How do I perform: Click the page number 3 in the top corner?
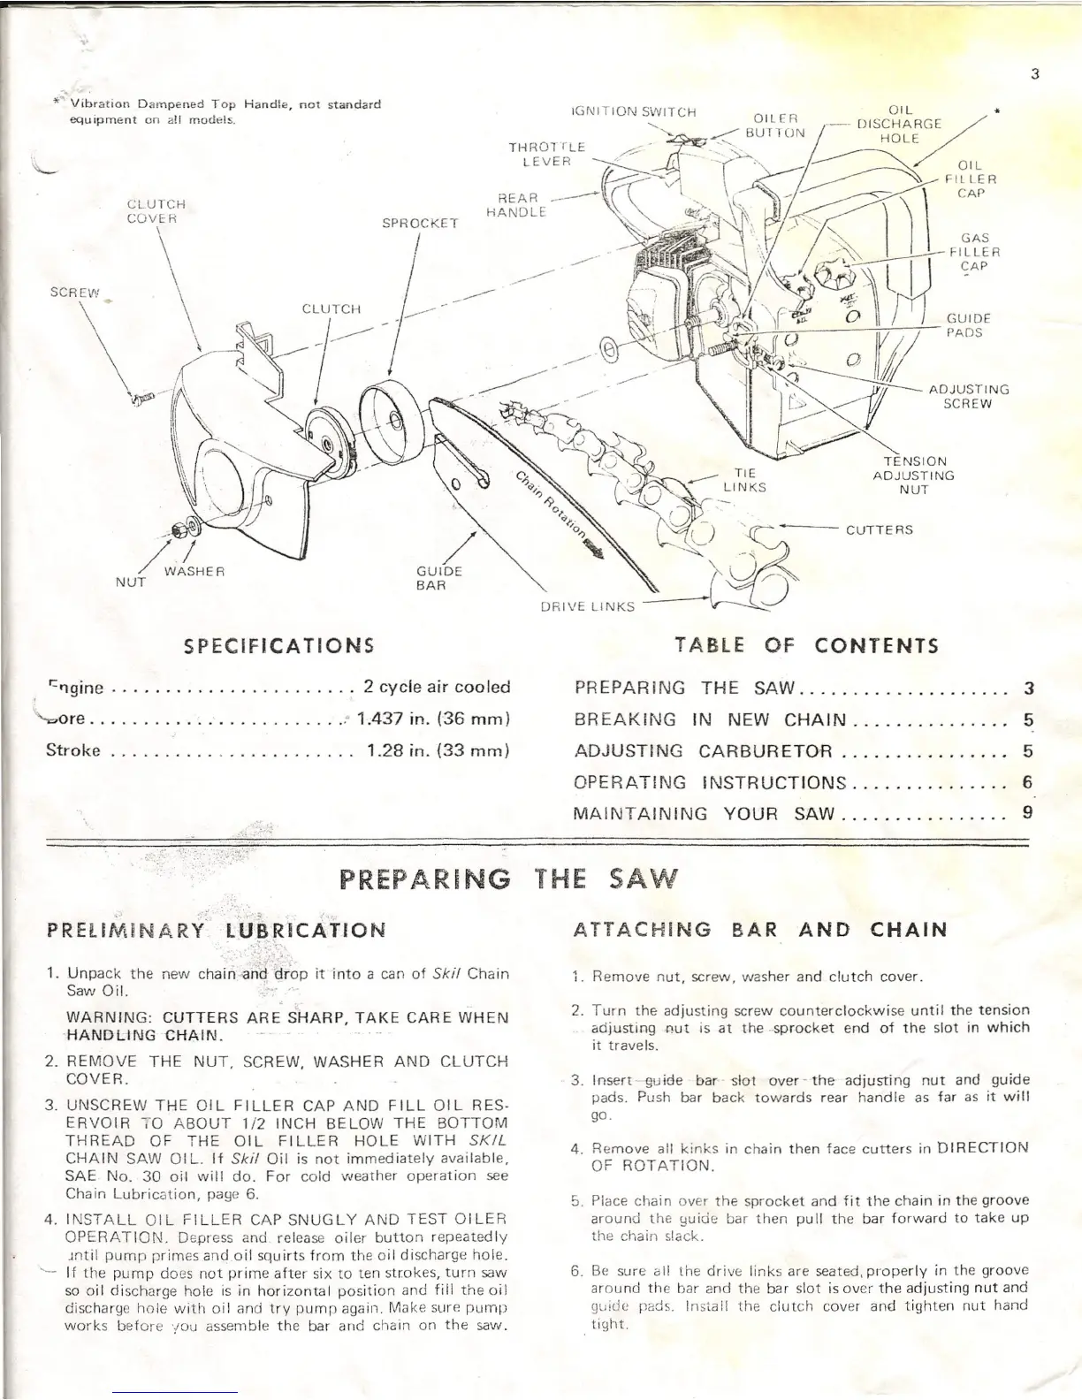point(1033,74)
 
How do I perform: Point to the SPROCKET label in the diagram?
point(419,224)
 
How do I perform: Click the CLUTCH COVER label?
point(156,211)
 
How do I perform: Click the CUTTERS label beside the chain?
point(879,530)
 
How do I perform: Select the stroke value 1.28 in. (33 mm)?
point(438,751)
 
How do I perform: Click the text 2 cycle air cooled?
point(437,687)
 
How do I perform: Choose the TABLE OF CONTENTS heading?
point(805,644)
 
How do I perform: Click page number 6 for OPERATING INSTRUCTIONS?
point(1026,782)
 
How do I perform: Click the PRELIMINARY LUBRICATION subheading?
point(216,930)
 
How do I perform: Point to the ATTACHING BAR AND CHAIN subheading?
point(759,930)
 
